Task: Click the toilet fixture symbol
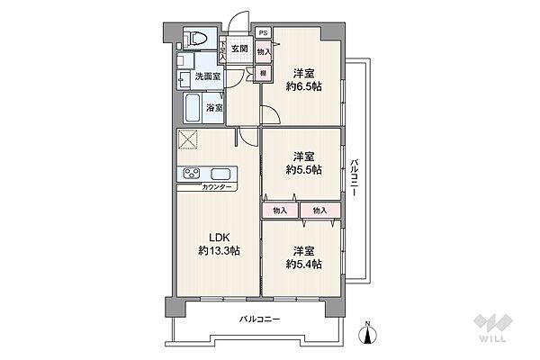[x=196, y=38]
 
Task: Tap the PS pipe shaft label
[x=263, y=33]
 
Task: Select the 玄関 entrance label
[x=239, y=49]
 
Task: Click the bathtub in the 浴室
[x=193, y=108]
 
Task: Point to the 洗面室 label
[x=208, y=76]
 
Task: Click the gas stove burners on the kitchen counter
[x=191, y=173]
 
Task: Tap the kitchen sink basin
[x=220, y=174]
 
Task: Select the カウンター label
[x=217, y=187]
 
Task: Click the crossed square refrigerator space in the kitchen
[x=188, y=139]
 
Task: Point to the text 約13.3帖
[x=219, y=250]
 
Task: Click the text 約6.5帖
[x=304, y=86]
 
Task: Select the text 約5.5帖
[x=304, y=169]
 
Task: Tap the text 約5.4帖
[x=304, y=264]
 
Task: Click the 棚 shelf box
[x=263, y=74]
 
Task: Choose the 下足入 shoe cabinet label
[x=222, y=51]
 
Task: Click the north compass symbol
[x=367, y=334]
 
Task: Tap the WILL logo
[x=492, y=328]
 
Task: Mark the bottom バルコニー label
[x=260, y=319]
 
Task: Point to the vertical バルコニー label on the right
[x=354, y=177]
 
